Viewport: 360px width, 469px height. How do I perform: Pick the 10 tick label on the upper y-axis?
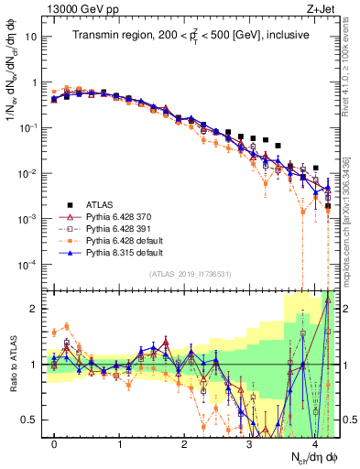click(33, 38)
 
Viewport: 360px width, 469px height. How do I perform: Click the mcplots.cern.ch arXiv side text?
click(352, 220)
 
